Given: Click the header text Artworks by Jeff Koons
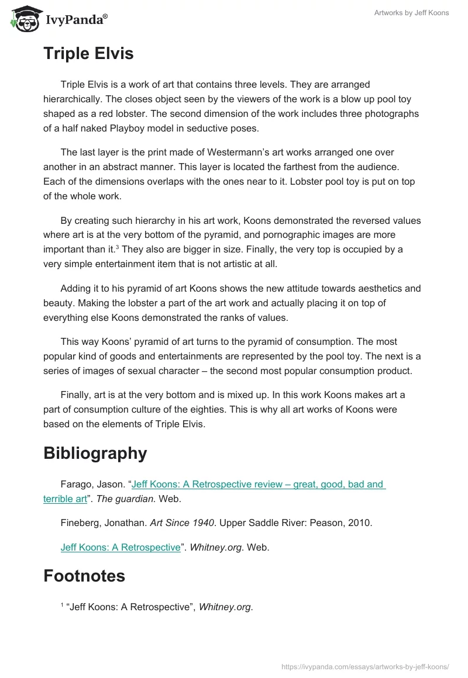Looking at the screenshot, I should tap(411, 13).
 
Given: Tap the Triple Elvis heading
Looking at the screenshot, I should tap(88, 54).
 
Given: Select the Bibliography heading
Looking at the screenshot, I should tap(95, 453).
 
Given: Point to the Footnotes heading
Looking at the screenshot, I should tap(84, 576).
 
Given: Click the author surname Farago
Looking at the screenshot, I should tap(77, 484).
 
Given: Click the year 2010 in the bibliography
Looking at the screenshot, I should tap(359, 523).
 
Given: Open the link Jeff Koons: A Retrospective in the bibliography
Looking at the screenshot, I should tap(121, 548).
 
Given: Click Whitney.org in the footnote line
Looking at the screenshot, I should tap(225, 607).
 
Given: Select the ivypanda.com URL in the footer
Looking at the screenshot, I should tap(365, 666).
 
